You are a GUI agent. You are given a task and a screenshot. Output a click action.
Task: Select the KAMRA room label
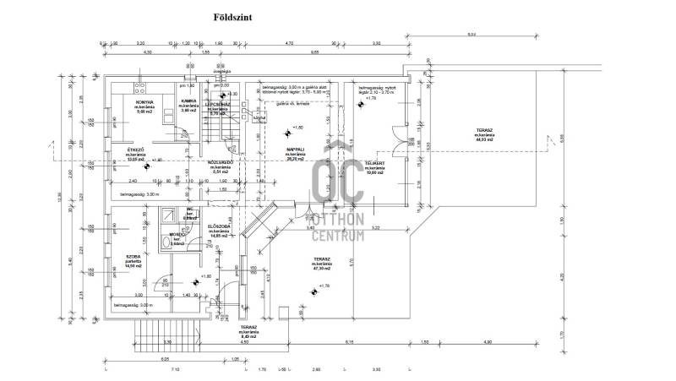189,102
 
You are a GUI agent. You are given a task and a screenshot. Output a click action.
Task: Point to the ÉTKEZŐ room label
134,149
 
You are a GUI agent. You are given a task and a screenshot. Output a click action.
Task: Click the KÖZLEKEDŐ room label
221,161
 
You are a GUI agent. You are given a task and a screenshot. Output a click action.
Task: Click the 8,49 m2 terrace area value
248,336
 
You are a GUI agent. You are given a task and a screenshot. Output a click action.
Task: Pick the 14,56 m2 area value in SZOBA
133,266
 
